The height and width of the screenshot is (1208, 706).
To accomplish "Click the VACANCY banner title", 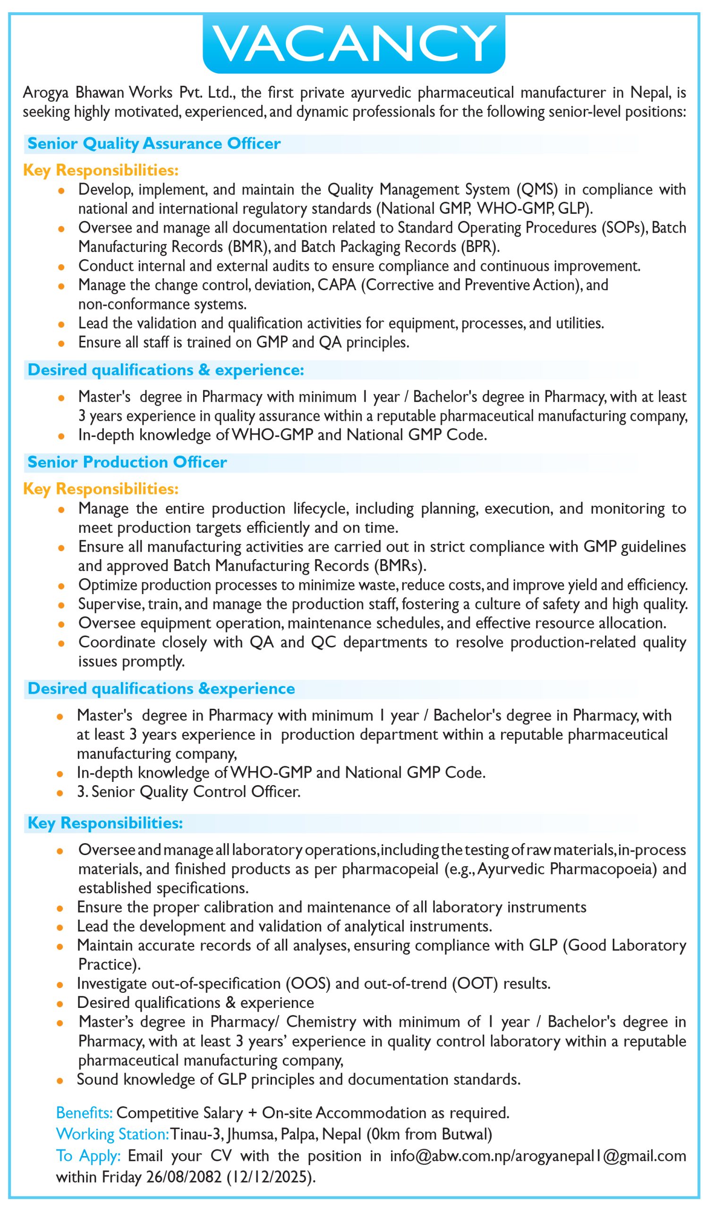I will (354, 43).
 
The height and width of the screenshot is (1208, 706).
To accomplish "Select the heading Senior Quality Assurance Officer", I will (154, 143).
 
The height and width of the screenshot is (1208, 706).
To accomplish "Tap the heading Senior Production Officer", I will (127, 461).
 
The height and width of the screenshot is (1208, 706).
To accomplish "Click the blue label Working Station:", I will (112, 1134).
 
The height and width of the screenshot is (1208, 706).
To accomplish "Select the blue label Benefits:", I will (85, 1112).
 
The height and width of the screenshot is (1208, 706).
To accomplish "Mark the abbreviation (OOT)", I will (474, 983).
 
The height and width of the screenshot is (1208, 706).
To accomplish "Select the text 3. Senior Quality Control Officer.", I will (189, 791).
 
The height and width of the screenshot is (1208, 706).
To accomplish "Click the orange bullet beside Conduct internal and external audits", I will (61, 267).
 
